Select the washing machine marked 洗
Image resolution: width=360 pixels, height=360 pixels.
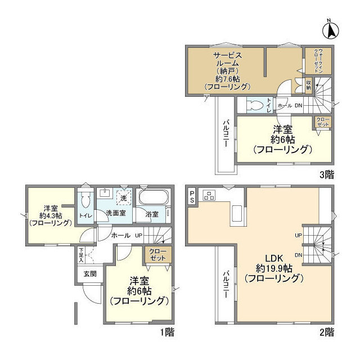123,197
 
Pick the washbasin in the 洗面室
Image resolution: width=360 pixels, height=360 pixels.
104,193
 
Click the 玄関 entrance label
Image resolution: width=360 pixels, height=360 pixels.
90,274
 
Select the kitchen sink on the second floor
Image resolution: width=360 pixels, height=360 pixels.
237,214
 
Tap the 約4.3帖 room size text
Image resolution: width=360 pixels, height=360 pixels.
49,215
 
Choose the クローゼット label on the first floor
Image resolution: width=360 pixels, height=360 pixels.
157,254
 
